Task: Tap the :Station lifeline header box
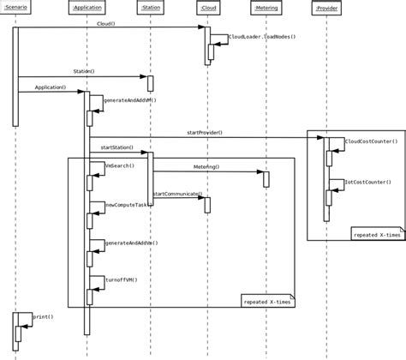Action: point(150,8)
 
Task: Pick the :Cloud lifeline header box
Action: point(207,8)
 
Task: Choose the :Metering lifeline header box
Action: point(266,8)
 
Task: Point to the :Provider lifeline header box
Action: point(326,8)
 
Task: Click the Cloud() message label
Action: point(106,24)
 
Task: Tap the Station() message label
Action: point(83,72)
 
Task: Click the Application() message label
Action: point(51,87)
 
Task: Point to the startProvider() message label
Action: point(205,132)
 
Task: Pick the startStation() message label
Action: point(117,147)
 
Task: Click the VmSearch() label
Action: point(119,165)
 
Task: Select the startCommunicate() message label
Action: point(177,195)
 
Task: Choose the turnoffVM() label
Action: point(121,279)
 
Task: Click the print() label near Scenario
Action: point(43,316)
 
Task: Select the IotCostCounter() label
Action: point(367,182)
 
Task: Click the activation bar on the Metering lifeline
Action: point(266,179)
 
